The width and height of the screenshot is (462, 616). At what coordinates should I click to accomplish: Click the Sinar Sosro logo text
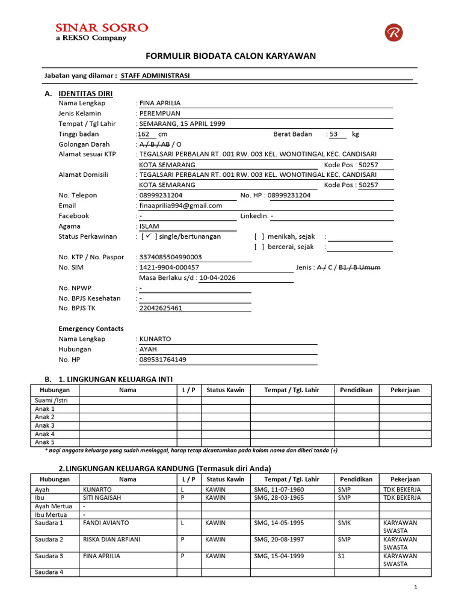(101, 28)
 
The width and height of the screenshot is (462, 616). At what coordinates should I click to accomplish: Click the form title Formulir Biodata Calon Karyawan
(231, 56)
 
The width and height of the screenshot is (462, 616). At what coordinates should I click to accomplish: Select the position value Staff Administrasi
(155, 76)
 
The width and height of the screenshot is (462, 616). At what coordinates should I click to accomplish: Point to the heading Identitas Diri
(85, 93)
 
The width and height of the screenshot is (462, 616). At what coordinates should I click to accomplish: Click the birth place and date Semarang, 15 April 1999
(182, 123)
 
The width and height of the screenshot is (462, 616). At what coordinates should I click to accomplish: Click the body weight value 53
(334, 134)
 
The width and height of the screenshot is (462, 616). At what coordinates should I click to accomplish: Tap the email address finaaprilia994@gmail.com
(180, 205)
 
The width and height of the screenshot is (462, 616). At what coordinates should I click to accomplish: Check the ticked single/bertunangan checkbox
(147, 236)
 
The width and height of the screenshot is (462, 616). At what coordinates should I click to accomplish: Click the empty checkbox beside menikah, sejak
(259, 236)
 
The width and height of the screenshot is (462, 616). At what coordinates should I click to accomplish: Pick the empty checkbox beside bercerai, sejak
(259, 247)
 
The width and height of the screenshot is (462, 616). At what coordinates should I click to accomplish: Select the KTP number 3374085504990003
(171, 257)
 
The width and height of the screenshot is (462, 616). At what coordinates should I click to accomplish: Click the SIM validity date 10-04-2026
(217, 277)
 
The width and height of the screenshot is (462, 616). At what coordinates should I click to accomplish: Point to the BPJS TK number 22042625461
(161, 308)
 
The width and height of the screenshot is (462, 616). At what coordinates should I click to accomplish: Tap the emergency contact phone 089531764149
(162, 360)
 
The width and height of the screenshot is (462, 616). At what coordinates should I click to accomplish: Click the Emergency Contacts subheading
(91, 328)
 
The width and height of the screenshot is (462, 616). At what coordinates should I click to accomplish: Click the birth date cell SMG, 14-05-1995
(276, 523)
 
